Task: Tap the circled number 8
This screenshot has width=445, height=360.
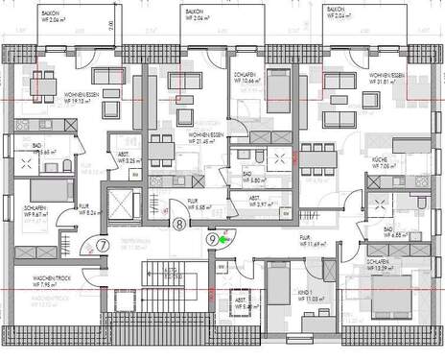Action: point(180,225)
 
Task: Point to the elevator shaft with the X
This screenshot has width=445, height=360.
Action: point(125,204)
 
